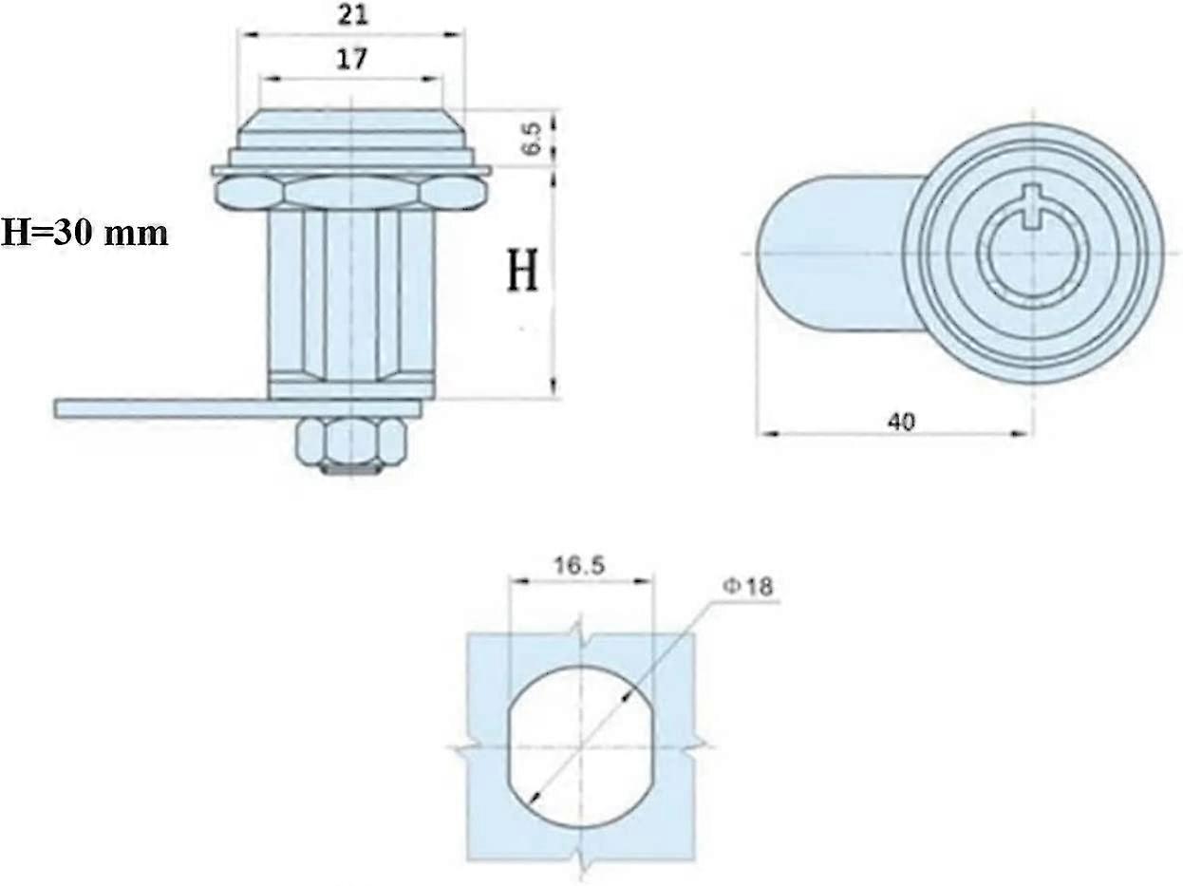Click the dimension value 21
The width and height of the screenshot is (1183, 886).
click(x=351, y=15)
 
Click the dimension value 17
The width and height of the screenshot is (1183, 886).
click(x=351, y=59)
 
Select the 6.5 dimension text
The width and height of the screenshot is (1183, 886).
click(x=533, y=138)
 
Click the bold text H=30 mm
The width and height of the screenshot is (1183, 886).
click(x=84, y=232)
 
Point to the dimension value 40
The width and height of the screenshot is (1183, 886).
click(x=902, y=421)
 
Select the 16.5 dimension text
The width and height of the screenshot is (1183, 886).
click(x=580, y=566)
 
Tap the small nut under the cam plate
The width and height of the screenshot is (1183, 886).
click(x=351, y=443)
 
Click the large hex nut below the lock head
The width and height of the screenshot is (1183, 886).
click(x=351, y=193)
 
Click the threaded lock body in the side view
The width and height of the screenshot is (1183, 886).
click(x=351, y=294)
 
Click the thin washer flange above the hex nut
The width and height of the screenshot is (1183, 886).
click(x=351, y=170)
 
